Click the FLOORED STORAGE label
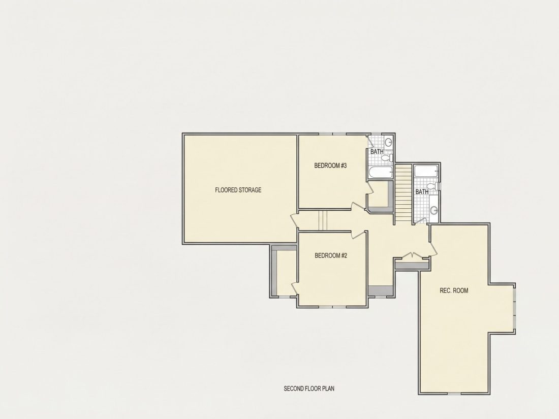pyautogui.click(x=238, y=190)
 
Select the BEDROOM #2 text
pyautogui.click(x=331, y=255)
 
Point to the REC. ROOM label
pyautogui.click(x=454, y=291)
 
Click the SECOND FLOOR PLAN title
pyautogui.click(x=309, y=389)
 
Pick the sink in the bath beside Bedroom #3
pyautogui.click(x=388, y=142)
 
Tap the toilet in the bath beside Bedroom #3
pyautogui.click(x=386, y=157)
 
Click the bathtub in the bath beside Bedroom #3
pyautogui.click(x=381, y=172)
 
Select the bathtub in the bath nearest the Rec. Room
pyautogui.click(x=426, y=171)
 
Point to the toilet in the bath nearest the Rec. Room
pyautogui.click(x=433, y=186)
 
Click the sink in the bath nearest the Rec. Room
pyautogui.click(x=433, y=210)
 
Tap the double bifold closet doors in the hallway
pyautogui.click(x=413, y=255)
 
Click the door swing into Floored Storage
pyautogui.click(x=294, y=221)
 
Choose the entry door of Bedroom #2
pyautogui.click(x=358, y=235)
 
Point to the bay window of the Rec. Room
pyautogui.click(x=514, y=308)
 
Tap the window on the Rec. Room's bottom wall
pyautogui.click(x=454, y=393)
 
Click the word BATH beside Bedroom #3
pyautogui.click(x=377, y=151)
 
